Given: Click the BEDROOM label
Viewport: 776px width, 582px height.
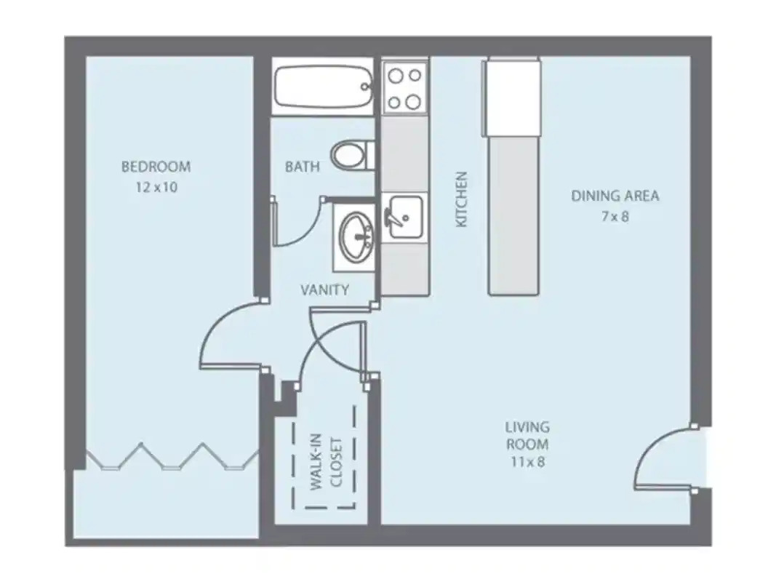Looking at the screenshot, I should point(156,167).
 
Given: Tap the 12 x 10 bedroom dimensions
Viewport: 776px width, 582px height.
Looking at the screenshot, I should point(156,186).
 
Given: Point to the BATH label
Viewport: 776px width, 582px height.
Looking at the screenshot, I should point(302,167).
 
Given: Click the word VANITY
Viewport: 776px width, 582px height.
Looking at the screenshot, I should point(325,290).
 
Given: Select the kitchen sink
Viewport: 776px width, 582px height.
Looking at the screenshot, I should point(404,216).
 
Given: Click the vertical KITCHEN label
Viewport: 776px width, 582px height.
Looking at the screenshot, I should point(461,199).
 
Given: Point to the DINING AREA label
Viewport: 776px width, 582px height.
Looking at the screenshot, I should point(615,196).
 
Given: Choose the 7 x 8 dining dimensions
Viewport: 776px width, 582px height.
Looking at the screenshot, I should point(615,216).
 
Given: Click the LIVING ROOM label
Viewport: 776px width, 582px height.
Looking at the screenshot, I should point(528,435).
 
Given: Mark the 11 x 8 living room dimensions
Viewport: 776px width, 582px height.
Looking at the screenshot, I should point(528,462).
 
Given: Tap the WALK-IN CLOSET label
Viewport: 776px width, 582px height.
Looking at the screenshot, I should point(325,463).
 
